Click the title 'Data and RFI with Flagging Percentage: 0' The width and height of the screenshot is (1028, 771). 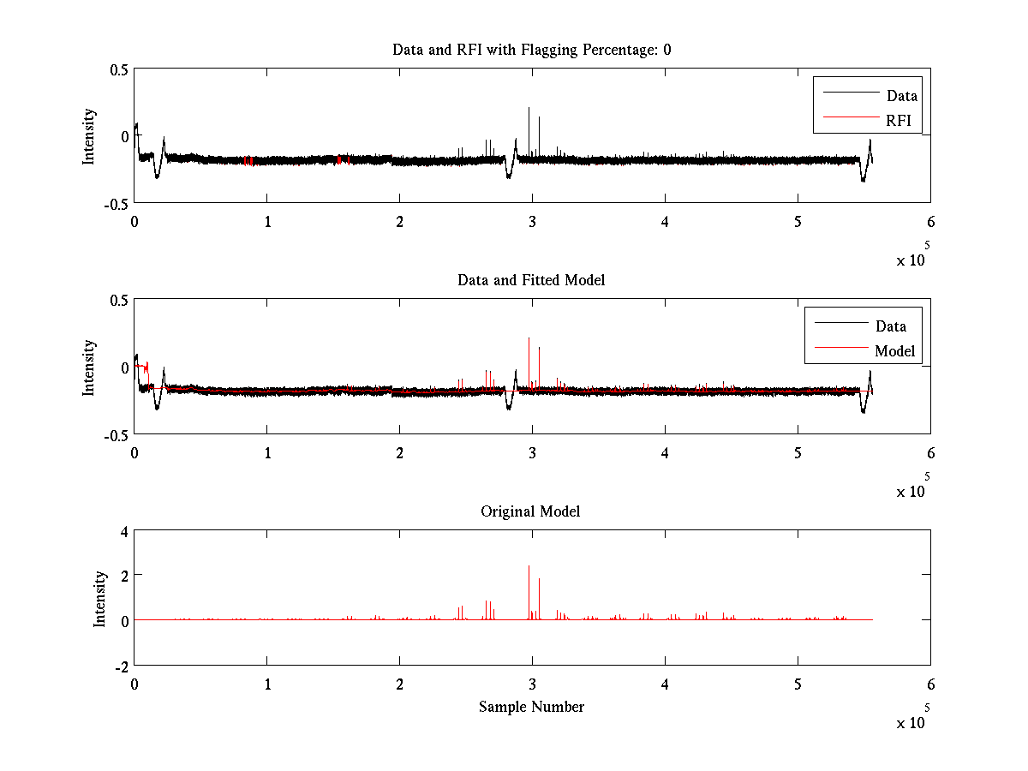click(531, 50)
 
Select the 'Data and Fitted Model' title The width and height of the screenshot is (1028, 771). click(531, 280)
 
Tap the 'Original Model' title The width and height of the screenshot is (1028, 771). click(530, 511)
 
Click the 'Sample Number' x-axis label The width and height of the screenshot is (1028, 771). click(531, 707)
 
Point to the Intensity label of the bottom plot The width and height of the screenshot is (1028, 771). click(100, 599)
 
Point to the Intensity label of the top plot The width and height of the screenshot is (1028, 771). click(89, 136)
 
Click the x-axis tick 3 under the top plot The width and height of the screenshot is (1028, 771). click(532, 222)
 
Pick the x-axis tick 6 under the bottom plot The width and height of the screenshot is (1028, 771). click(930, 684)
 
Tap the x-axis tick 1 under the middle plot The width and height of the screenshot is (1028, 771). click(267, 453)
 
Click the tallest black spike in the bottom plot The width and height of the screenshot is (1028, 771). click(529, 568)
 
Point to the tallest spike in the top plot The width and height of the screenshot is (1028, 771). click(529, 109)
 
